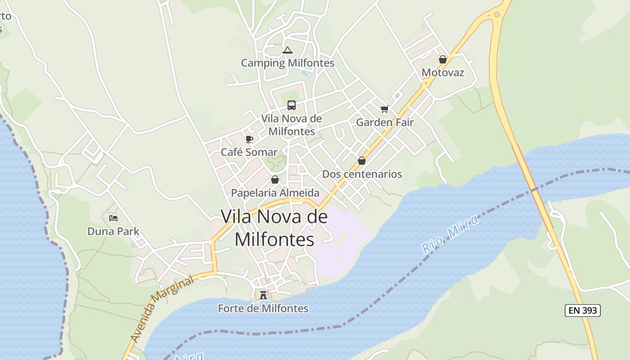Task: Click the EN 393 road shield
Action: (582, 310)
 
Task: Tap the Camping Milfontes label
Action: (288, 63)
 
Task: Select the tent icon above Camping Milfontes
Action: (288, 50)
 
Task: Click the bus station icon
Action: (292, 105)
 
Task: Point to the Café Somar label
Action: (249, 152)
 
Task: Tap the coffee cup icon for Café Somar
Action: (249, 139)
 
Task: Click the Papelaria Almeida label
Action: (275, 193)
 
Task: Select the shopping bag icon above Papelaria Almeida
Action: (275, 180)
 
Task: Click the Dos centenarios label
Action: (362, 174)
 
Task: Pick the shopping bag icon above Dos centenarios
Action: (362, 161)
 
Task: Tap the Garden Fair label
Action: (385, 122)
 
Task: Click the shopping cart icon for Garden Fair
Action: (385, 109)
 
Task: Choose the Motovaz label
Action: (443, 72)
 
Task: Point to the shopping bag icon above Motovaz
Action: (443, 59)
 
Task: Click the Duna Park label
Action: (113, 231)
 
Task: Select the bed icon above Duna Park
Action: (113, 218)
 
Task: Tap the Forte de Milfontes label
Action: (263, 308)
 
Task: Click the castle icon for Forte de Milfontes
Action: (263, 295)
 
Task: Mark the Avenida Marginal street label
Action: (162, 309)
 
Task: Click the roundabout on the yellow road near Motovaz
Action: (426, 83)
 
